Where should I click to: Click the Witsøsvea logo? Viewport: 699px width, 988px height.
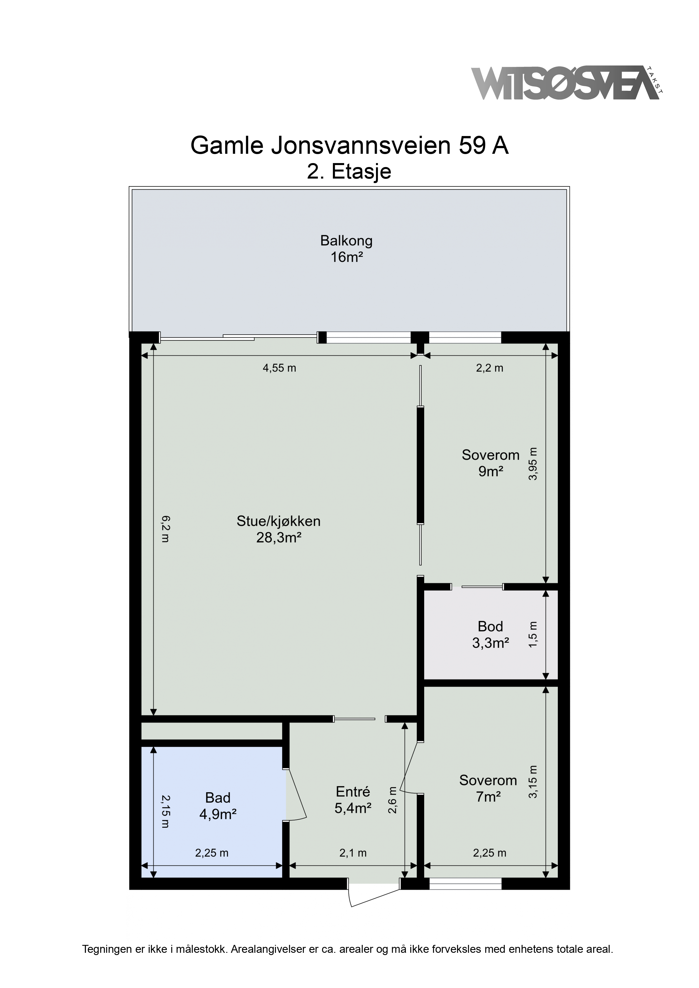[x=567, y=83]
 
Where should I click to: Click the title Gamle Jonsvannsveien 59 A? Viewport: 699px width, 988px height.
[x=349, y=146]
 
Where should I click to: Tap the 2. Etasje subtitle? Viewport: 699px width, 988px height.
[x=349, y=172]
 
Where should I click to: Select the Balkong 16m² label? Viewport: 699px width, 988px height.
[x=346, y=249]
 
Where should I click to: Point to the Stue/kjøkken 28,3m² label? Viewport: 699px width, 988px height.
[x=279, y=529]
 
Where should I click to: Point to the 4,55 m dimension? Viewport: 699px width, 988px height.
[x=280, y=368]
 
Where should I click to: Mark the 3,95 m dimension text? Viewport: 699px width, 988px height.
[x=533, y=464]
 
